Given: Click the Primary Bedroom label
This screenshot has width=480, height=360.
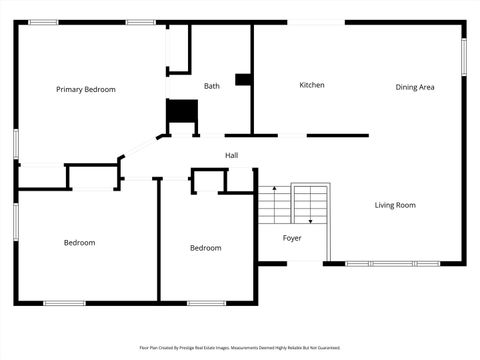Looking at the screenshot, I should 86,90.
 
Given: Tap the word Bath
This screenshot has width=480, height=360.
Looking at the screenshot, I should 212,86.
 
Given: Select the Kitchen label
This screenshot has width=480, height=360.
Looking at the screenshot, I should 312,85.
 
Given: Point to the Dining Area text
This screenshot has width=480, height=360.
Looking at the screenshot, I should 414,88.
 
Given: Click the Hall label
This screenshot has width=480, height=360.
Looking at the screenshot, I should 231,155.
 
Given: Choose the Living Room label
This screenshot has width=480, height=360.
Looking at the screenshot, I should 395,205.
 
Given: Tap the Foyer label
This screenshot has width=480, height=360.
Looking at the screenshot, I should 292,238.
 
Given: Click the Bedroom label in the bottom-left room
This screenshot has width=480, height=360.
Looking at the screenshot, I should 80,243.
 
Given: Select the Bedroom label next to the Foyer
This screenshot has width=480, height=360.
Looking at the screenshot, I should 206,248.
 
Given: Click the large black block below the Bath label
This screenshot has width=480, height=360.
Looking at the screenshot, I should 182,112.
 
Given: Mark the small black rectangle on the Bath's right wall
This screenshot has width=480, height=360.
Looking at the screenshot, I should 243,79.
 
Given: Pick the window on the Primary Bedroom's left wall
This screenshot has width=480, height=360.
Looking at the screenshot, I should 16,142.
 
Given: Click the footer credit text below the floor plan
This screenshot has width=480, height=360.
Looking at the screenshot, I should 240,348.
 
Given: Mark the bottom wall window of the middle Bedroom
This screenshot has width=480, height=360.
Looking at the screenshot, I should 206,302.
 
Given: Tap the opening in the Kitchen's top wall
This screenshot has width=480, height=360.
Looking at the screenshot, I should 316,22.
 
